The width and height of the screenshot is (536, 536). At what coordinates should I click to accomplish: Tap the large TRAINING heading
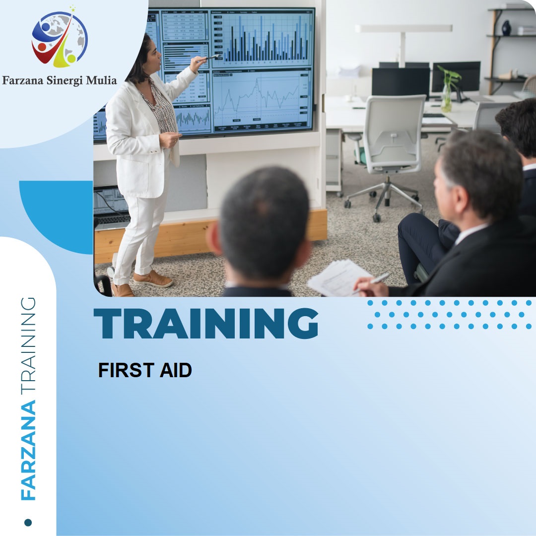(206, 323)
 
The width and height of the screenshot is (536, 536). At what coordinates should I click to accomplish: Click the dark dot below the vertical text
(28, 522)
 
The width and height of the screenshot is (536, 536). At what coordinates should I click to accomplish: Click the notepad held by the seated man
(337, 277)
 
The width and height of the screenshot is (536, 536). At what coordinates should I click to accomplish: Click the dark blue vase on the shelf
(506, 28)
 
